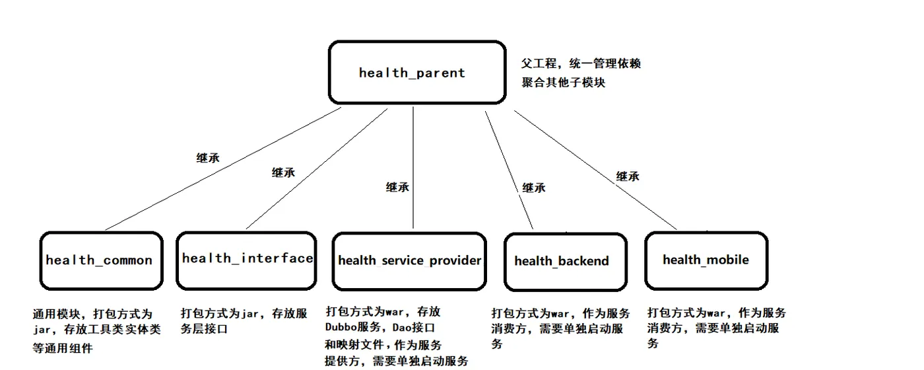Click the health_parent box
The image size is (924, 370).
(x=417, y=72)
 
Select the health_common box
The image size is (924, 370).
(x=102, y=260)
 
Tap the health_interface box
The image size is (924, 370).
(x=246, y=260)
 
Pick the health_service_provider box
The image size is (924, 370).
(x=409, y=262)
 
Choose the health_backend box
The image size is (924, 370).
(x=566, y=262)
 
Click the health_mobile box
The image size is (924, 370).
(x=706, y=260)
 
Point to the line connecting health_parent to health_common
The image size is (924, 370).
(x=223, y=168)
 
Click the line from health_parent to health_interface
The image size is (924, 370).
(x=317, y=168)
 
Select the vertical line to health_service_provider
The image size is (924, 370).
(x=413, y=168)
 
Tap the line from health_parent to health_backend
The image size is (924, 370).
(x=509, y=170)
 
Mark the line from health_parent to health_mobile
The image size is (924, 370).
(x=595, y=170)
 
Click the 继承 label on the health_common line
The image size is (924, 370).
(x=208, y=158)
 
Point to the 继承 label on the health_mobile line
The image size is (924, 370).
(x=628, y=176)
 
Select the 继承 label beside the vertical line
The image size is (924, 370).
(x=397, y=187)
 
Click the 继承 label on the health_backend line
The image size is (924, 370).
(x=534, y=188)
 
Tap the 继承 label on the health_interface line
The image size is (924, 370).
(x=283, y=172)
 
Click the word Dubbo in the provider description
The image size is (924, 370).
(x=341, y=327)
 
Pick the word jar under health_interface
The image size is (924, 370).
(x=250, y=314)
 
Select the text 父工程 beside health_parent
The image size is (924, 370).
(x=539, y=63)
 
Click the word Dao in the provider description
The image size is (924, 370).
(x=401, y=328)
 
